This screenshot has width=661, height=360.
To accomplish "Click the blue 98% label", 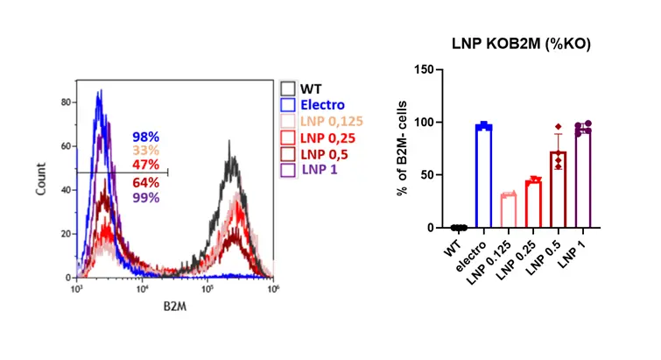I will (145, 138).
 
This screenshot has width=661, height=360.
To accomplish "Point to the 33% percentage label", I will (145, 151).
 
